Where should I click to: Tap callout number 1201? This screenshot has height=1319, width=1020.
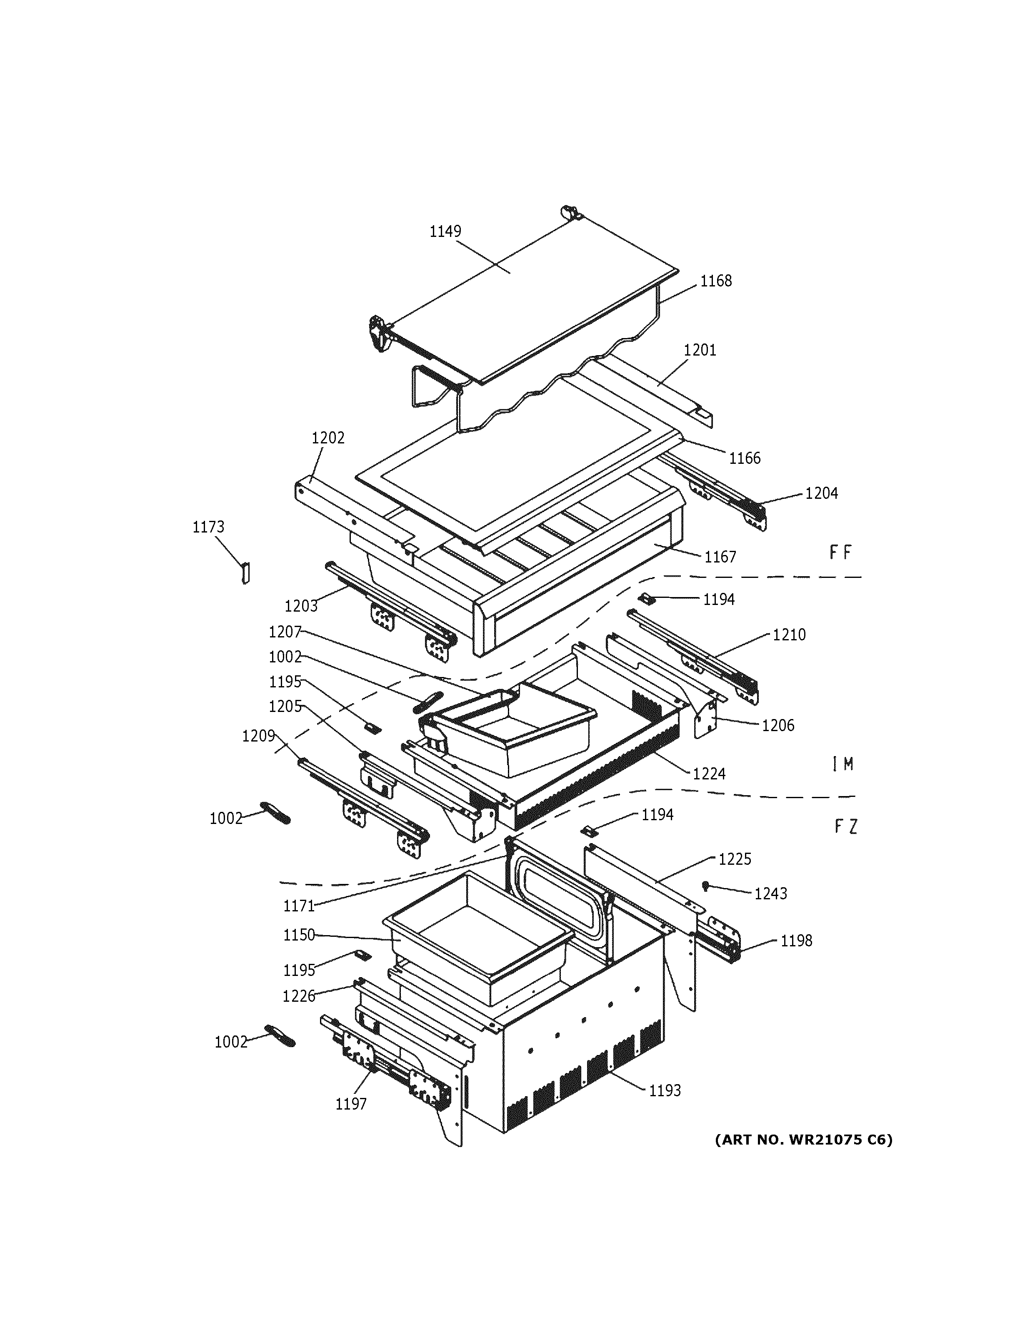click(x=700, y=350)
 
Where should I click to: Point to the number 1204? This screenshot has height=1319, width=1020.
click(x=821, y=493)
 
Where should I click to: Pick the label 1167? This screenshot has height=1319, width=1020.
click(x=720, y=557)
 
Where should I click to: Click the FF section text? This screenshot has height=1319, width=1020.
click(x=840, y=552)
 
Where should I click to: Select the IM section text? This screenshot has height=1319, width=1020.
click(x=842, y=764)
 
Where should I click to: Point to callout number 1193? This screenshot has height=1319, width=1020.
click(x=665, y=1091)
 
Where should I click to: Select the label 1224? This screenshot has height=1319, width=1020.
click(x=709, y=774)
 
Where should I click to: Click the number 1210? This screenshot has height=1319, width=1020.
click(x=789, y=635)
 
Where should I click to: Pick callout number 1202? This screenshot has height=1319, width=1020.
click(x=328, y=438)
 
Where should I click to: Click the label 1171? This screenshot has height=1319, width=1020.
click(x=299, y=906)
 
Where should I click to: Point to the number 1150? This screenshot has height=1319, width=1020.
click(x=299, y=935)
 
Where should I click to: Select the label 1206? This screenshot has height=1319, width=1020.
click(x=777, y=725)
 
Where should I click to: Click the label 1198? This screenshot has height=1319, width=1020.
click(x=796, y=941)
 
